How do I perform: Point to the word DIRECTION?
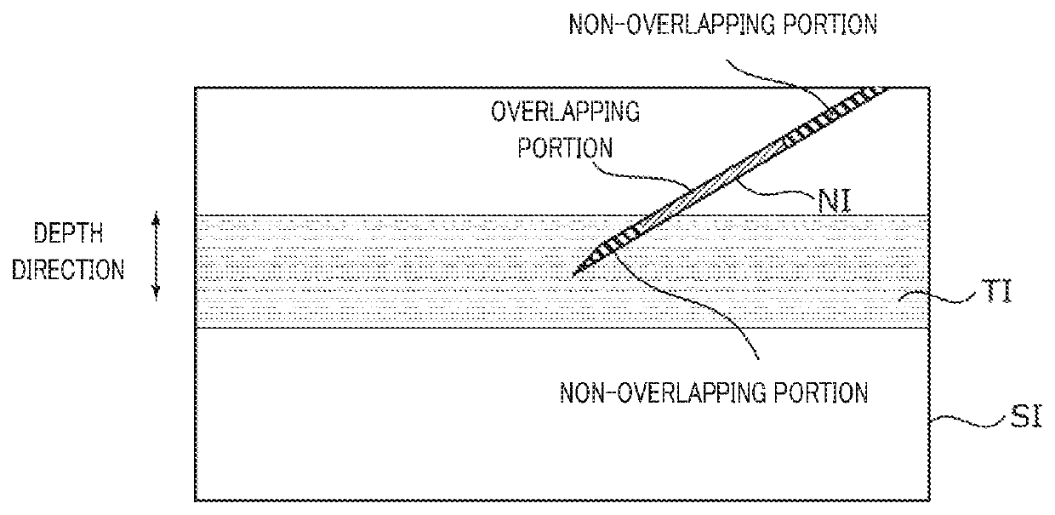pyautogui.click(x=78, y=272)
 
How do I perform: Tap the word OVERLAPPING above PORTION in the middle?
pyautogui.click(x=564, y=112)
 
